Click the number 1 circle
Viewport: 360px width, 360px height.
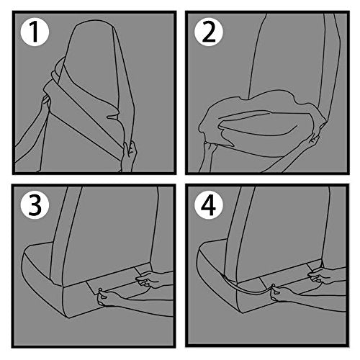coord(35,32)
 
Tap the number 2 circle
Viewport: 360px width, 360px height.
coord(209,32)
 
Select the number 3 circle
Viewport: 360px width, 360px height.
coord(35,205)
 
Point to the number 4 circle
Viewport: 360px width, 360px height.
coord(209,205)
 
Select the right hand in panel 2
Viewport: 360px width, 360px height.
coord(311,142)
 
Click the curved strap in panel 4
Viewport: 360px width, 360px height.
coord(247,289)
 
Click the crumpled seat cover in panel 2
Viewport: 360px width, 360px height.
coord(261,120)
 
